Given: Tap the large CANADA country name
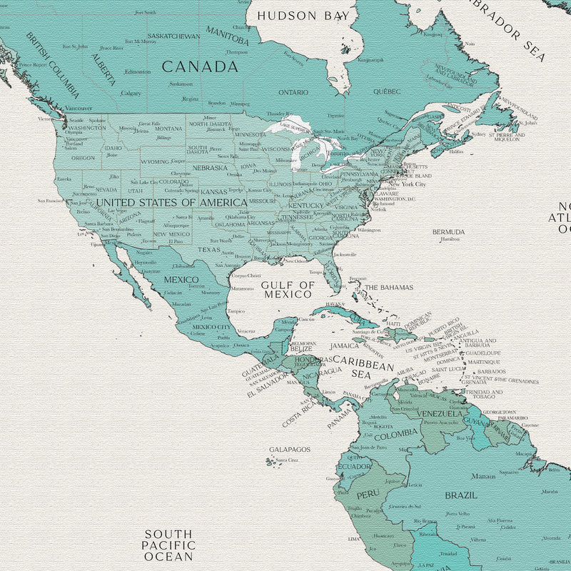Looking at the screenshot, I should (x=199, y=67).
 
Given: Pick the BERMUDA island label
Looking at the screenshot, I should (x=448, y=232).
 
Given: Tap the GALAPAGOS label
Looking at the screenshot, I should (x=290, y=450).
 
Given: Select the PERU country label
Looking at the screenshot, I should (x=368, y=494).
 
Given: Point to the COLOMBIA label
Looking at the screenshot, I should (x=395, y=433).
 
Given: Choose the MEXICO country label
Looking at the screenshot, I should (x=181, y=279).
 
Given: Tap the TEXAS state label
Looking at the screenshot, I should (x=209, y=250).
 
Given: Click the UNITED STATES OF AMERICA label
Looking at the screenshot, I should (x=171, y=203).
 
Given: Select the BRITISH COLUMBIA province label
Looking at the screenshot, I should (x=54, y=65).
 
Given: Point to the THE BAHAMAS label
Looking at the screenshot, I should (x=389, y=288).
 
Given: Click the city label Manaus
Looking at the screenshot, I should (x=482, y=476).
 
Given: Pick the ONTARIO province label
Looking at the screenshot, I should (x=293, y=92).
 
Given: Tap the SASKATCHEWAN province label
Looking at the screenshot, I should (x=173, y=36).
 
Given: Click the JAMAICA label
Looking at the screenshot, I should (x=344, y=345).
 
